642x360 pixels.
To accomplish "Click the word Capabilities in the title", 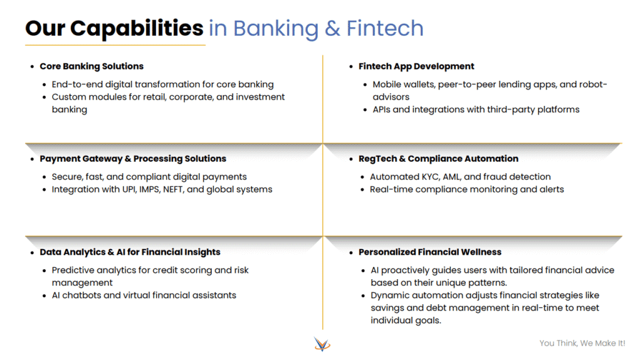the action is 137,29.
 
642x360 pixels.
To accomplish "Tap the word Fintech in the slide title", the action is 385,28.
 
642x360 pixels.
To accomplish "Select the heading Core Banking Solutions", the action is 92,66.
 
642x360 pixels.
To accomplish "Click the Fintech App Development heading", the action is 416,66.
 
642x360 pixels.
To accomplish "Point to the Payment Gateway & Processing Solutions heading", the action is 133,159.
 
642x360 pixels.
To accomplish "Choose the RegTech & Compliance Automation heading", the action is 438,159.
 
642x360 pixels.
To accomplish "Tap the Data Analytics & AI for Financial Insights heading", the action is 130,252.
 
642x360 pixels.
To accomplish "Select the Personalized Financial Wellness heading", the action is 430,252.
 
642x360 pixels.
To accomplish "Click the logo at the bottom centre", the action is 322,344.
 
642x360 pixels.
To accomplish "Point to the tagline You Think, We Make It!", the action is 582,343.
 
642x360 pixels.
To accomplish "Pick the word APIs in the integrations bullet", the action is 381,110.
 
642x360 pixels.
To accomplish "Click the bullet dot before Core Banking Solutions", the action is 33,66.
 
